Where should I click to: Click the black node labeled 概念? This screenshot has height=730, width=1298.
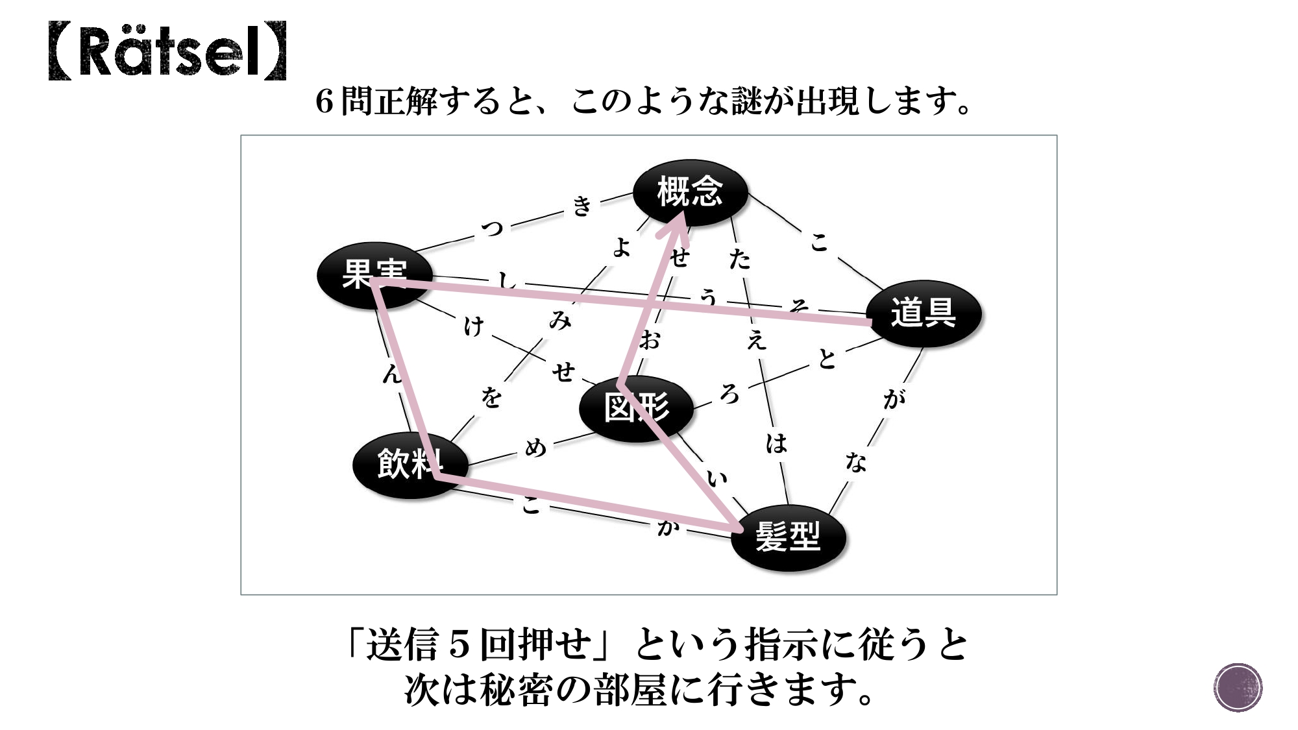[x=690, y=191]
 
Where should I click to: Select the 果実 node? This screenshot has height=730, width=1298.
[x=374, y=274]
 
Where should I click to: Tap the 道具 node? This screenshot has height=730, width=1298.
[x=923, y=313]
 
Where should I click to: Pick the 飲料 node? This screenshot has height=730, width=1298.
[x=410, y=464]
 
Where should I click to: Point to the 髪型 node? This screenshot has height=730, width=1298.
[x=788, y=537]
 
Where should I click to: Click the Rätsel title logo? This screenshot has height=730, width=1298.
[x=167, y=51]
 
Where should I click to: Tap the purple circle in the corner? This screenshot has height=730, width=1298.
[x=1238, y=687]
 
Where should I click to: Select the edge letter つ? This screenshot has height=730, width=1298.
[x=493, y=228]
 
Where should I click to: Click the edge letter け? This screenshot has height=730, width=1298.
[x=474, y=326]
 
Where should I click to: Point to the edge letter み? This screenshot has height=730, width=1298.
[x=559, y=320]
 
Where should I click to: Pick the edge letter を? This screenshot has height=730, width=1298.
[x=491, y=396]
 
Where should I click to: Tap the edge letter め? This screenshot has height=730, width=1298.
[x=535, y=447]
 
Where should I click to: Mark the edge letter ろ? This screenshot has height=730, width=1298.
[x=729, y=393]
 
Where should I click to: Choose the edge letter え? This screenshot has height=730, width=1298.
[x=756, y=339]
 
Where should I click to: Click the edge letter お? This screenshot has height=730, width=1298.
[x=650, y=339]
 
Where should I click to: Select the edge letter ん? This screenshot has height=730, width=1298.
[x=392, y=373]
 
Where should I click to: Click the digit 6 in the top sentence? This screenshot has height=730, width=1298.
[x=324, y=102]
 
